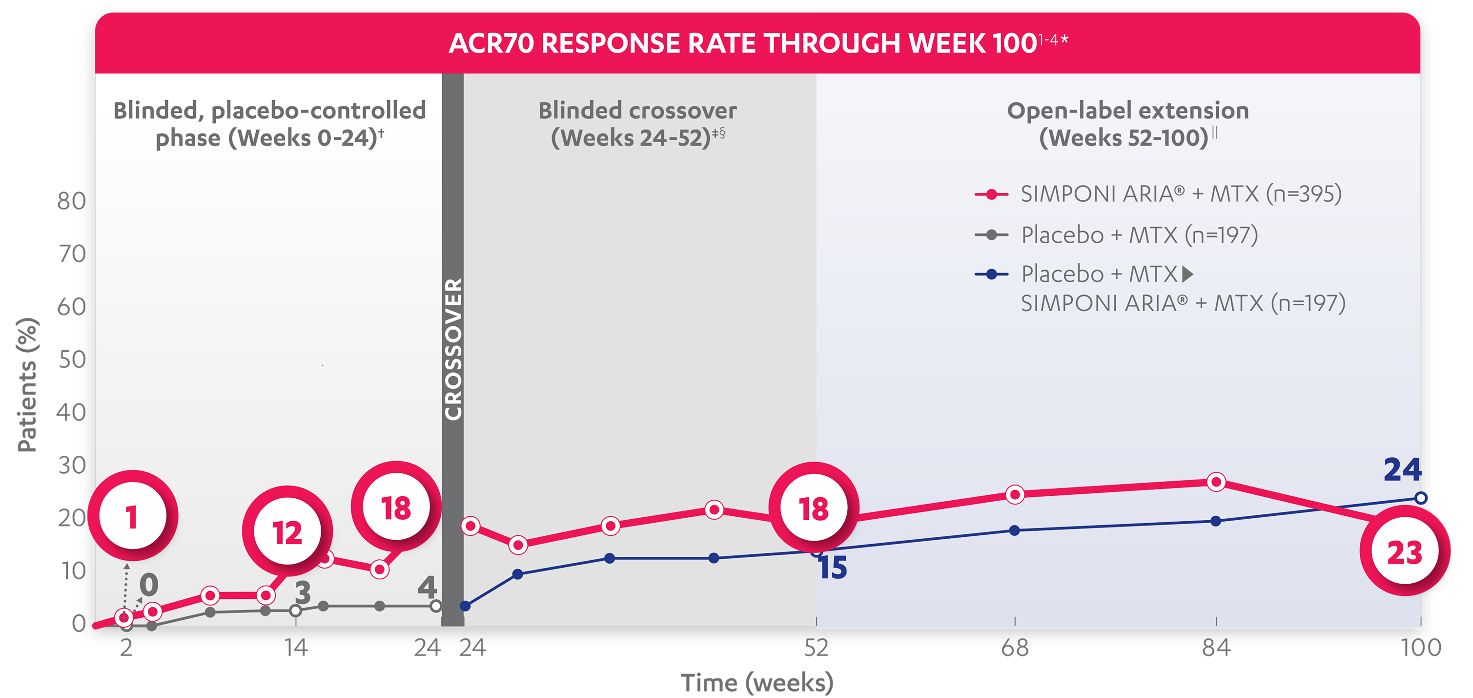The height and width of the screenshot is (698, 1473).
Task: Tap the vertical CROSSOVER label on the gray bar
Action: coord(453,349)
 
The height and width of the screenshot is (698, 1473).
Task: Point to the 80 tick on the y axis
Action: coord(71,201)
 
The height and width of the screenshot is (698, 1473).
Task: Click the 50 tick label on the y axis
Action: coord(71,360)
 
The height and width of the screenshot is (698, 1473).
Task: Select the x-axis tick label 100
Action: coord(1420,648)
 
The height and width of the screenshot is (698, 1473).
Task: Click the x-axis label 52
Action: coord(816,648)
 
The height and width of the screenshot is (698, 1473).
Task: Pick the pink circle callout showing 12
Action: coord(287,532)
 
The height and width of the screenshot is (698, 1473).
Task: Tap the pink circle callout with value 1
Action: coord(132,516)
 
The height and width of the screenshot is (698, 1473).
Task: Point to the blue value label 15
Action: coord(833,568)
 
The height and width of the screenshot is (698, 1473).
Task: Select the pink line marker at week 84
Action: coord(1216,482)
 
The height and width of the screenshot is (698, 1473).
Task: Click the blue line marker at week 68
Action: coord(1014,530)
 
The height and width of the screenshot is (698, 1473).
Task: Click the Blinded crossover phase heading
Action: coord(637,124)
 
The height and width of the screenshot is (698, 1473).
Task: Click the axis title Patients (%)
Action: coord(27,384)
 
